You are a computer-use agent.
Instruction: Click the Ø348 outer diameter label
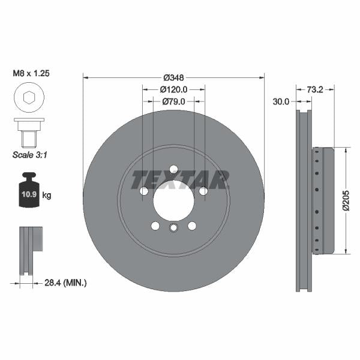pos(173,77)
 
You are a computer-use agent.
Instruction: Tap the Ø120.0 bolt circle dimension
pos(174,89)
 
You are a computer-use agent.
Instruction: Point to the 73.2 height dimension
pos(316,89)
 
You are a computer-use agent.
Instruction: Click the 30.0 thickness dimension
pos(281,102)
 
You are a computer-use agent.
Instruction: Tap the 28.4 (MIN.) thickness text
pos(66,282)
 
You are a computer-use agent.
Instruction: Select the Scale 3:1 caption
pos(29,155)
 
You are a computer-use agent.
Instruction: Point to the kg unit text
pos(47,196)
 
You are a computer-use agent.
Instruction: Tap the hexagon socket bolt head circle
pos(28,98)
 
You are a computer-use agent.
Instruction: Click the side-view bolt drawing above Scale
pos(28,131)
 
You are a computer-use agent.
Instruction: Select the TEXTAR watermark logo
pos(180,179)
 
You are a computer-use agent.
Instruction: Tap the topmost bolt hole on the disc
pos(173,169)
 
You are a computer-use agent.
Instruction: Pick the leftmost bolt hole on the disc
pos(144,191)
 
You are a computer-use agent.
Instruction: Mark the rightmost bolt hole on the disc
pos(203,191)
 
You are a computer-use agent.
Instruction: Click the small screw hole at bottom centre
pos(173,227)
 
